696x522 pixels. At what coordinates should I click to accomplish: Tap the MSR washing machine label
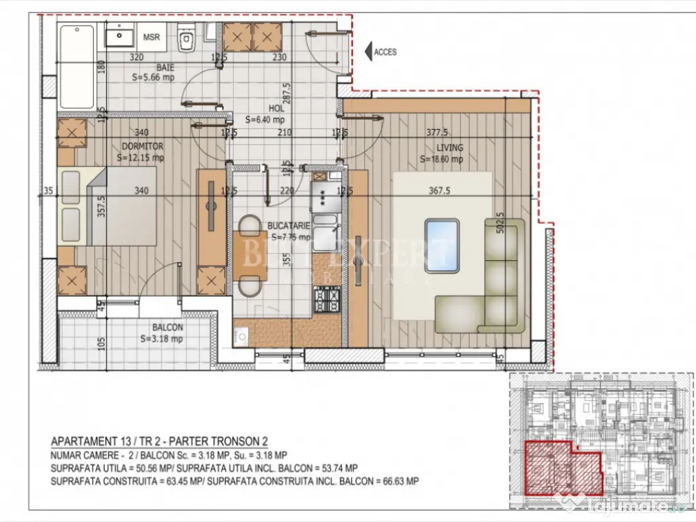click(x=152, y=37)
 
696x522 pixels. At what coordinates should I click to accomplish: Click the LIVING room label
click(x=449, y=147)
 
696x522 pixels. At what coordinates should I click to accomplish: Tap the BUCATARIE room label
click(x=291, y=225)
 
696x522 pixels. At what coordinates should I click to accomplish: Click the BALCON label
click(x=167, y=327)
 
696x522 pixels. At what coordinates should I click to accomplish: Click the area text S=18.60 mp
click(x=441, y=160)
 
